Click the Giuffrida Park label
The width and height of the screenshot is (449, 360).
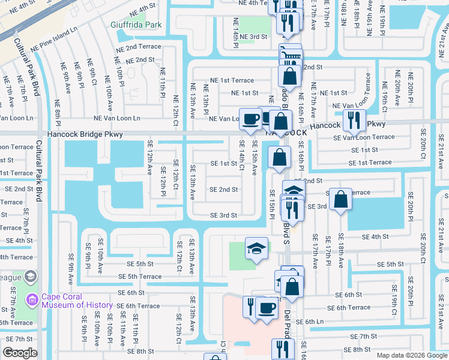click(136, 25)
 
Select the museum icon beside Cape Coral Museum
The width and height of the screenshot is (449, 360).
click(31, 277)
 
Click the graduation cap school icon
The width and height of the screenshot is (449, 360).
click(256, 248)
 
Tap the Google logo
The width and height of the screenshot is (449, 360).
click(20, 353)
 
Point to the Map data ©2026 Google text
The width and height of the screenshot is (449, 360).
click(411, 355)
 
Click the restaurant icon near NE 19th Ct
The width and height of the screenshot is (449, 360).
click(354, 119)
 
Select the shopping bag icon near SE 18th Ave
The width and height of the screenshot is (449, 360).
click(340, 200)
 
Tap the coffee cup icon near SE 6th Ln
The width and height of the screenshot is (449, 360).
click(267, 309)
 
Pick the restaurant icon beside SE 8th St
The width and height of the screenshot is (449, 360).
click(282, 349)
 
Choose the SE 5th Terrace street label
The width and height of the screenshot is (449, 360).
click(140, 277)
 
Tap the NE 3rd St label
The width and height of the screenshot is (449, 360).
click(253, 37)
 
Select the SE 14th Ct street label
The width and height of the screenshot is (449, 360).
click(241, 155)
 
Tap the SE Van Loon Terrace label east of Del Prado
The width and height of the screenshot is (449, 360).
click(364, 137)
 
